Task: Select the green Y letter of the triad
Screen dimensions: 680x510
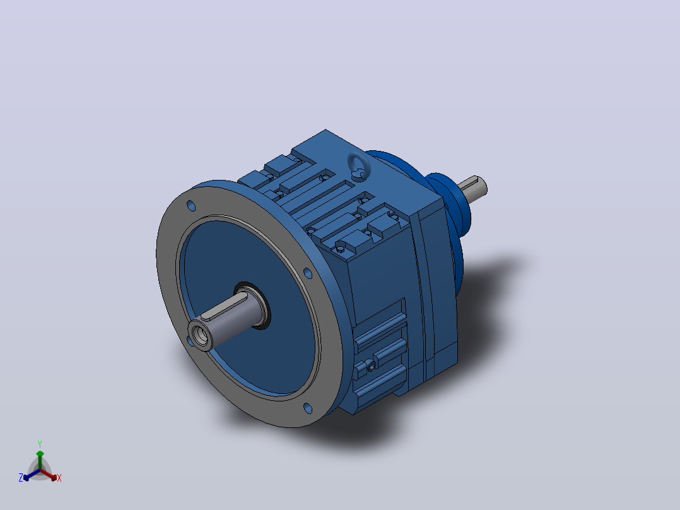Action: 40,444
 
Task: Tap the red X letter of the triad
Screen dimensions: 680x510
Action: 59,478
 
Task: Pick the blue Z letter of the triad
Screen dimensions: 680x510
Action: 20,478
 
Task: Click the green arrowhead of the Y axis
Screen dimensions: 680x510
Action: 40,454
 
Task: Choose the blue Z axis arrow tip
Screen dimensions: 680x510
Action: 26,478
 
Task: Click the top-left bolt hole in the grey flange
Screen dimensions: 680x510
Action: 191,206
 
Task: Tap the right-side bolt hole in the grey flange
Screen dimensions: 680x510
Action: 307,273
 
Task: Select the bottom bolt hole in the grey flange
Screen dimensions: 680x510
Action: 308,408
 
